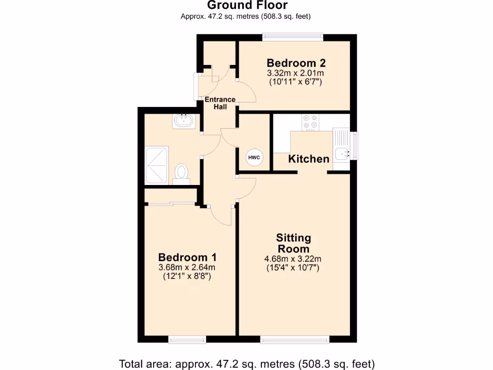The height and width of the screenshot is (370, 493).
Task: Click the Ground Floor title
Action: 247,5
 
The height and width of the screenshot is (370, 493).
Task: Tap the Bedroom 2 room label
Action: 296,63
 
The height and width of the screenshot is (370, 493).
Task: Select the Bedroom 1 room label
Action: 187,257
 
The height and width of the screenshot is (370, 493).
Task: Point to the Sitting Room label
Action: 294,243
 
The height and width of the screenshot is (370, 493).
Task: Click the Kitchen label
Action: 309,159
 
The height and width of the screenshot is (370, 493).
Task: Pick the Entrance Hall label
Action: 221,103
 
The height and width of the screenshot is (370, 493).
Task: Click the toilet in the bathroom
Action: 182,172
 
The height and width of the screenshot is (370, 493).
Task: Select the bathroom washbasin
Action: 184,120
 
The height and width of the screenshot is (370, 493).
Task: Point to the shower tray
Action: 157,166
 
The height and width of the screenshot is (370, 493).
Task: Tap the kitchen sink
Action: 343,153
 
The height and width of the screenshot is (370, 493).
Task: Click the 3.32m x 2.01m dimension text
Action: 296,73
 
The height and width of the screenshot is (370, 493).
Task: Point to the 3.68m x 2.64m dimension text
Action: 187,267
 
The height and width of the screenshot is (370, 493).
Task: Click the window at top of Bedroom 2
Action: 293,36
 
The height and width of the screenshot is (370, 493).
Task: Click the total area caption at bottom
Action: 246,363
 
